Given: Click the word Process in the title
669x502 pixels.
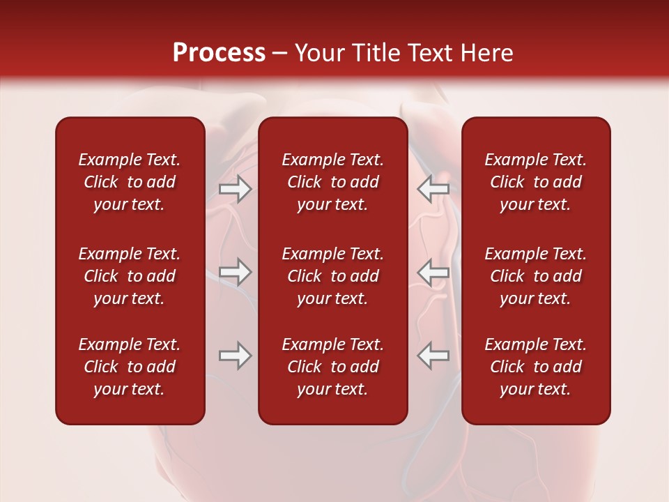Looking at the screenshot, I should click(x=219, y=53).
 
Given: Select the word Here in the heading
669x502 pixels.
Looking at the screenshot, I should click(x=486, y=53).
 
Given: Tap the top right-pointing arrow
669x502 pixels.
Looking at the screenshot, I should click(x=235, y=189).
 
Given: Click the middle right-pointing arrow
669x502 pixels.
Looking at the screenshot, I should click(x=235, y=272).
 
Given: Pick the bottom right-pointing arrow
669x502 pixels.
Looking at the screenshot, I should click(x=235, y=356).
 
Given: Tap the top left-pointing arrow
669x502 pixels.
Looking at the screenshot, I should click(x=433, y=189).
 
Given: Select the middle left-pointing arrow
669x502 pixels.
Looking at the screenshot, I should click(x=433, y=272).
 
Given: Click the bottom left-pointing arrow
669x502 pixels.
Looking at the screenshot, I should click(x=433, y=356).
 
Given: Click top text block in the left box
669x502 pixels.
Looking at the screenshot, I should click(x=130, y=182).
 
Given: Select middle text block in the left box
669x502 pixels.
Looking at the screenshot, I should click(x=130, y=276).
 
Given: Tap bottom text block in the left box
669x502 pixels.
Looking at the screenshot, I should click(x=130, y=367).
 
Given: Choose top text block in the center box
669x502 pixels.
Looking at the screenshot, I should click(x=332, y=182).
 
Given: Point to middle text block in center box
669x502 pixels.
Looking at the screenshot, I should click(x=332, y=276).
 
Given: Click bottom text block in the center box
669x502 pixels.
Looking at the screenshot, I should click(x=332, y=367).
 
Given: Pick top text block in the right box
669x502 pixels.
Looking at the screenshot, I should click(x=535, y=182).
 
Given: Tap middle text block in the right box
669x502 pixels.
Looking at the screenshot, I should click(x=535, y=276).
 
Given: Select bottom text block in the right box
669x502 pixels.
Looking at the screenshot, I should click(x=535, y=367).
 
